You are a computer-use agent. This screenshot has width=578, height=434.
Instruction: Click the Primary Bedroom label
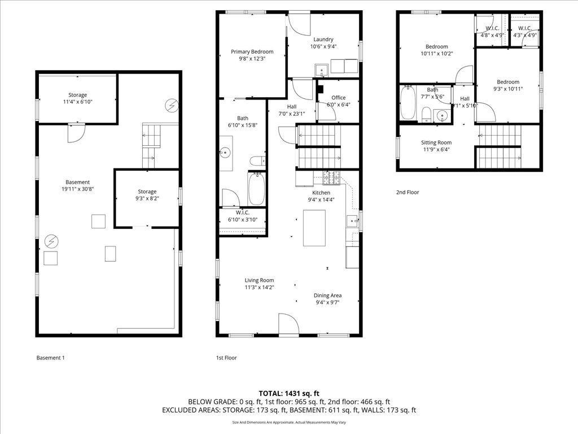tap(252, 51)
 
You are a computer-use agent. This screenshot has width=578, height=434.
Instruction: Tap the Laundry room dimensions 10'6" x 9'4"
tap(323, 46)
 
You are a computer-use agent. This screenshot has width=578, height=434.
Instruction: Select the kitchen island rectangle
tap(314, 228)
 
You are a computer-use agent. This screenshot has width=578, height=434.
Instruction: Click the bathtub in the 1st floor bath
tap(256, 189)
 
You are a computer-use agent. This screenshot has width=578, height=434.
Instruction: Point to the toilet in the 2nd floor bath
tap(427, 114)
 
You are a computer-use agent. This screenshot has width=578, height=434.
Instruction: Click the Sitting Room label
tap(436, 142)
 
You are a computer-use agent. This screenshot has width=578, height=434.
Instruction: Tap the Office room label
tap(339, 97)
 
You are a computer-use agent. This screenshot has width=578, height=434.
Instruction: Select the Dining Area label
tap(327, 295)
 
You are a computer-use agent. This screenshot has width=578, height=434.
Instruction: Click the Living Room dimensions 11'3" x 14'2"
tap(259, 287)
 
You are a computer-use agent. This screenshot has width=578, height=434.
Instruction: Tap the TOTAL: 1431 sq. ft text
tap(288, 393)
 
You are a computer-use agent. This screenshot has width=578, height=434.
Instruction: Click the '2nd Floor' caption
tap(408, 192)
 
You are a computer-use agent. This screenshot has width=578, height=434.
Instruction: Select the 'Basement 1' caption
tap(50, 358)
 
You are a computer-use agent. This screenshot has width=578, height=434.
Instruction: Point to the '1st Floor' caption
tap(226, 358)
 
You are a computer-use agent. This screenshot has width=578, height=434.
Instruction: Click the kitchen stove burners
tap(332, 178)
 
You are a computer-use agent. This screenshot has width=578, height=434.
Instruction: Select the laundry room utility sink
tap(322, 70)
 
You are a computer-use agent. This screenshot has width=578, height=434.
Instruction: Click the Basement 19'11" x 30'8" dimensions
tap(77, 189)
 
